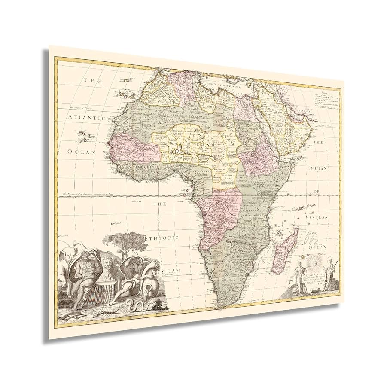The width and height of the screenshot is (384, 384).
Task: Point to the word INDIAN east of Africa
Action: click(317, 168)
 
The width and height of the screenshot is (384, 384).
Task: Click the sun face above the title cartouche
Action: click(313, 262)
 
